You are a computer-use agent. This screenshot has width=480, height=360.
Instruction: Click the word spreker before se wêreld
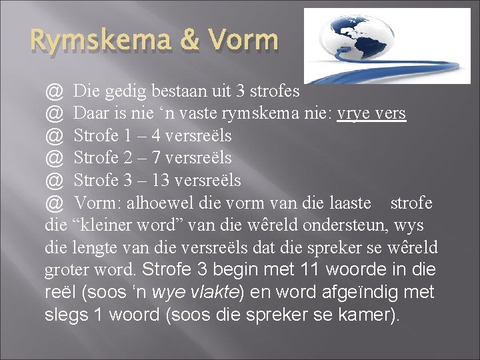(x=339, y=247)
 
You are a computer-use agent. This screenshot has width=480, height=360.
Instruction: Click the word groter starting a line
(x=65, y=271)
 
